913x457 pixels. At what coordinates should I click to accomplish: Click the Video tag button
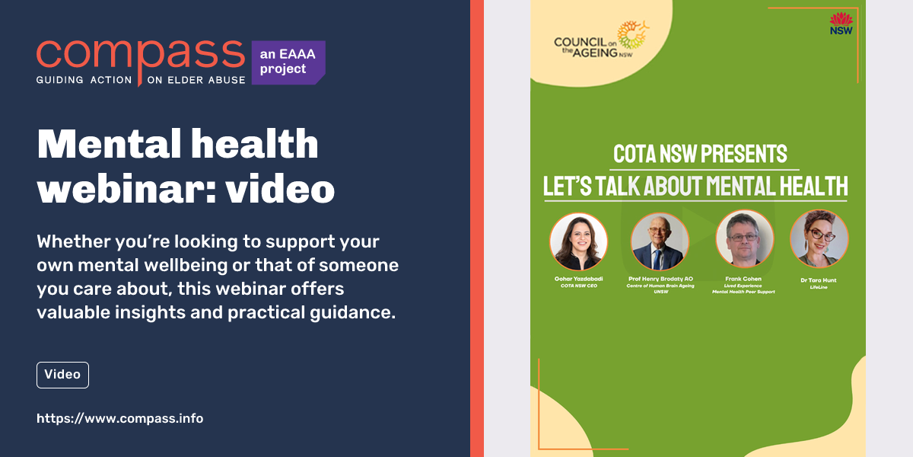tap(62, 375)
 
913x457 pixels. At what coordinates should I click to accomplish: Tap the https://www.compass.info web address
tap(120, 419)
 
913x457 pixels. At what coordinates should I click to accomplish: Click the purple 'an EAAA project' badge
tap(288, 62)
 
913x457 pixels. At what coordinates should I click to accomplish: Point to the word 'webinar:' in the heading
tap(127, 188)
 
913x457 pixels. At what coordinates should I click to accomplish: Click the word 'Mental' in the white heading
tap(109, 143)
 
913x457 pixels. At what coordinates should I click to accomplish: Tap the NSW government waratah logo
tap(841, 24)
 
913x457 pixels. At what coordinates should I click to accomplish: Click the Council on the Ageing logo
tap(600, 40)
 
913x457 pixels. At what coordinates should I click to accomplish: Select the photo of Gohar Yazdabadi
tap(578, 241)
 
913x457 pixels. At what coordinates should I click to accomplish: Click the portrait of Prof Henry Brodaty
tap(660, 241)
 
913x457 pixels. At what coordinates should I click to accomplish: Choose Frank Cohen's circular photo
tap(744, 239)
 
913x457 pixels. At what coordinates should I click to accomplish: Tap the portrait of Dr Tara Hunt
tap(819, 239)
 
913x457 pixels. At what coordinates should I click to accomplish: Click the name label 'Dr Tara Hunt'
tap(819, 280)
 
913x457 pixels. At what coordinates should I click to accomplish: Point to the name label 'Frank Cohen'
tap(743, 279)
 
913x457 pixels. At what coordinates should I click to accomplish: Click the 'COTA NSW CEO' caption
tap(579, 286)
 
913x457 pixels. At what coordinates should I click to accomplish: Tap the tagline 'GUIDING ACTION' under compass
tap(84, 80)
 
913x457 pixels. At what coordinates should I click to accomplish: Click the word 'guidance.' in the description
tap(352, 313)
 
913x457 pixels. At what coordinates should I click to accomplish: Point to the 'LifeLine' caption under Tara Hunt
tap(819, 287)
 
